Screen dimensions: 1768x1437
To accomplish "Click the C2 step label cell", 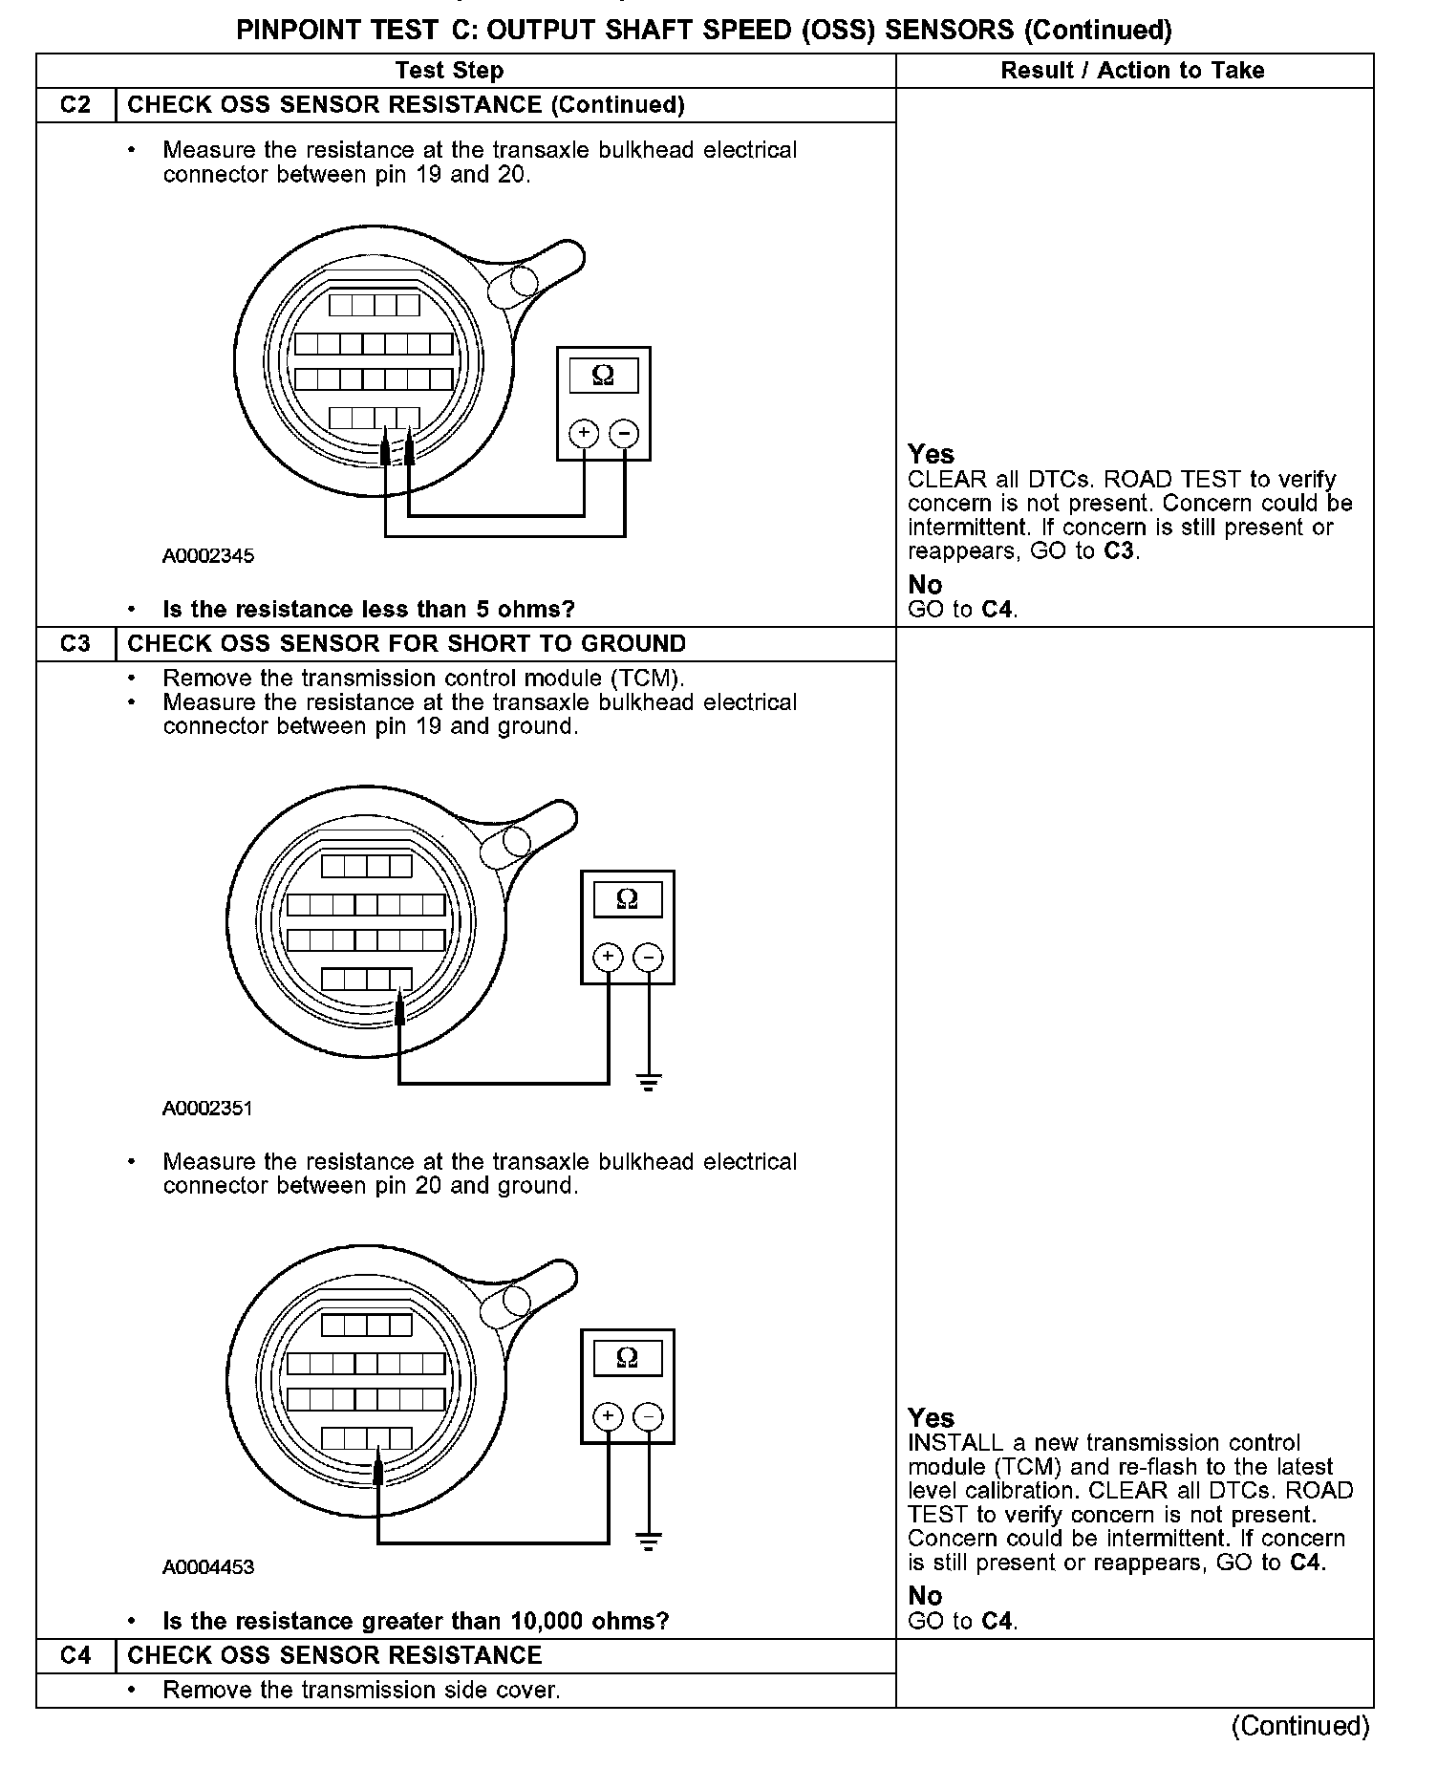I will (75, 105).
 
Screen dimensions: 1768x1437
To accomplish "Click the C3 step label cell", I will (75, 644).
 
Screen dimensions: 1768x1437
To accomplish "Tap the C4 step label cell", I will (75, 1655).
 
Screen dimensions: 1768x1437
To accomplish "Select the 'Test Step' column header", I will (449, 71).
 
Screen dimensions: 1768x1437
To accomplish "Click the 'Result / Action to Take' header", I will (1132, 71).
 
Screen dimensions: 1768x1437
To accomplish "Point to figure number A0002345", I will (208, 556).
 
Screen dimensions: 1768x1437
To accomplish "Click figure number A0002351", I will (207, 1109).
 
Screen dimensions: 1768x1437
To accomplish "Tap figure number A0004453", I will (208, 1567).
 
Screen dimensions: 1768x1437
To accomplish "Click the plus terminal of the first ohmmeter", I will (584, 434).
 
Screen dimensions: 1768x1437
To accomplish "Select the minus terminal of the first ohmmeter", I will (624, 434).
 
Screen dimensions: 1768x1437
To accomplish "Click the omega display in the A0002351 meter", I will (628, 899).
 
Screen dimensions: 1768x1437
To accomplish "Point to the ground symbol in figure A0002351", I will (649, 1083).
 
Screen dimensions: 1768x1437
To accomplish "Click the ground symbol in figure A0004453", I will (649, 1542).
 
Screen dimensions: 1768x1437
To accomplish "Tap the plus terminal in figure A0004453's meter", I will (609, 1416).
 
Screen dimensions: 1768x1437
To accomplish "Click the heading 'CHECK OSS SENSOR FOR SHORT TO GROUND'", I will (407, 644).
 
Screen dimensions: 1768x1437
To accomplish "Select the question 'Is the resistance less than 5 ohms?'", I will (369, 610).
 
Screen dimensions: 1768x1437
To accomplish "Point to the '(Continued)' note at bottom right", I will (1300, 1726).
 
